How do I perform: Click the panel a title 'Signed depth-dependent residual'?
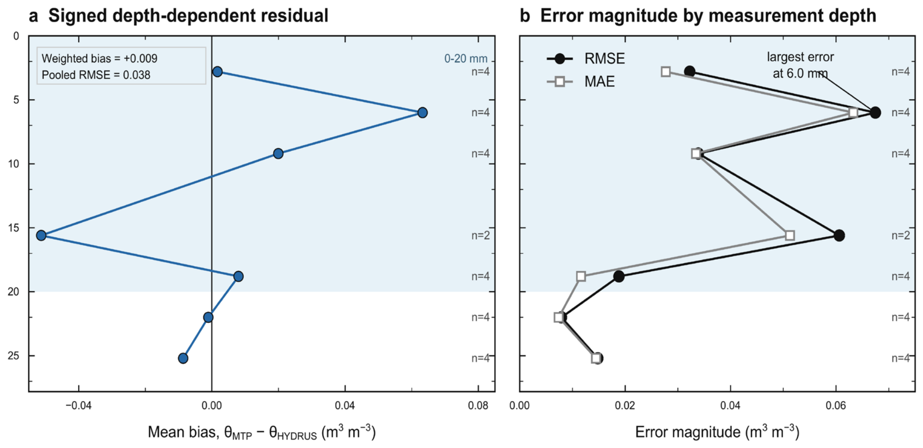point(188,15)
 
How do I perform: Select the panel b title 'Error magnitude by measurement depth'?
point(708,15)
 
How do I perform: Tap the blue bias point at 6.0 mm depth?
point(422,113)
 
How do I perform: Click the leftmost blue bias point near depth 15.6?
point(41,235)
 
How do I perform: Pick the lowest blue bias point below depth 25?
point(183,358)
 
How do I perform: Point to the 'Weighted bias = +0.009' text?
point(99,58)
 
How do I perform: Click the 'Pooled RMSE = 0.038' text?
point(96,75)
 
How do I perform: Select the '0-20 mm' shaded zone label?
point(466,58)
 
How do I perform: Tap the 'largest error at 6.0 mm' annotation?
point(800,65)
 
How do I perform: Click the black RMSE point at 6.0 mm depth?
point(875,113)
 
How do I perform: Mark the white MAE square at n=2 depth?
point(790,235)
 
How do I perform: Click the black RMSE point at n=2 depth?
point(839,235)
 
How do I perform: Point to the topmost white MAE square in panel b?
point(666,72)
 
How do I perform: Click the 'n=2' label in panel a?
point(480,235)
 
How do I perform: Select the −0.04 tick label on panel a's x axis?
point(79,406)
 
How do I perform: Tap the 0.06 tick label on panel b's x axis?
point(836,406)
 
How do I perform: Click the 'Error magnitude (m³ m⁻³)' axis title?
point(717,432)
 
